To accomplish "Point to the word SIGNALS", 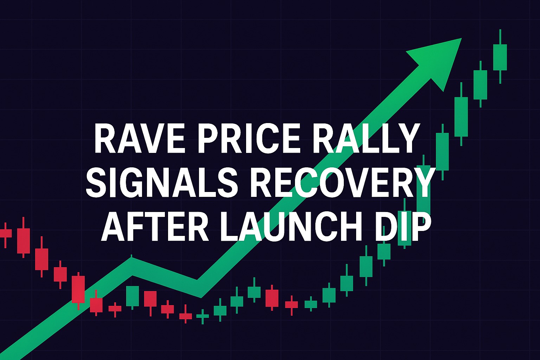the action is coord(161,183).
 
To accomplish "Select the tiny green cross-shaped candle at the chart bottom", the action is coord(202,316).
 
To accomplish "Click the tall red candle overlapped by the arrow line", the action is coord(78,289).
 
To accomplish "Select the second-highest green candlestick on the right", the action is coord(480,84).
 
